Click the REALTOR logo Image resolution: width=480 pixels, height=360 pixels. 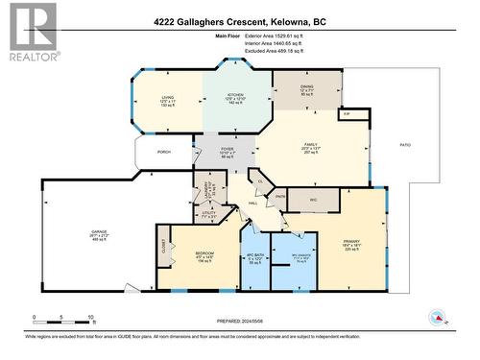(x=33, y=33)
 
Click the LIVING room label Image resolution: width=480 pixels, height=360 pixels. (x=167, y=97)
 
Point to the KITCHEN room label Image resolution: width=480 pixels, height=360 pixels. (x=236, y=95)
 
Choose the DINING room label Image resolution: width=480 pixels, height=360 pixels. (x=306, y=86)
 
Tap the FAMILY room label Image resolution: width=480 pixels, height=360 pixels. (x=309, y=144)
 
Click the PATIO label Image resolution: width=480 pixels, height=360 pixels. (x=405, y=145)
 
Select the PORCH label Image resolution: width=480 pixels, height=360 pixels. (x=163, y=151)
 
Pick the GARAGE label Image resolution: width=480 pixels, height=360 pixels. (x=98, y=231)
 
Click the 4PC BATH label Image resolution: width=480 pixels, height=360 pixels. (x=254, y=255)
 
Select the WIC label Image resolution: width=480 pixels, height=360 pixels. (x=313, y=200)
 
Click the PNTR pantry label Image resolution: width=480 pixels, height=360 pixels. (x=281, y=197)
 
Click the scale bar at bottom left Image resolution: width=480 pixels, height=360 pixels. (x=62, y=318)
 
